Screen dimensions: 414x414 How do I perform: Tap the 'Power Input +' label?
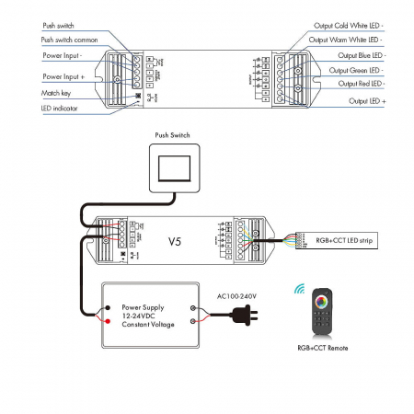click(63, 76)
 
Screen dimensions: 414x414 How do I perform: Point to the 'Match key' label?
click(56, 94)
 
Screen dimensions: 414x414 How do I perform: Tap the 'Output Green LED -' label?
click(356, 70)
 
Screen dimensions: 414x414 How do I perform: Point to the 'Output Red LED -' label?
click(359, 84)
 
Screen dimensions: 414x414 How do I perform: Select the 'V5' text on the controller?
click(175, 243)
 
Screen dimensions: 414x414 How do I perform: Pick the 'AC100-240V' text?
click(236, 296)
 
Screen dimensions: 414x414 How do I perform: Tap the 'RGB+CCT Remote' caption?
click(323, 350)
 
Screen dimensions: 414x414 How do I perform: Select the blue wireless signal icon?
click(300, 289)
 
